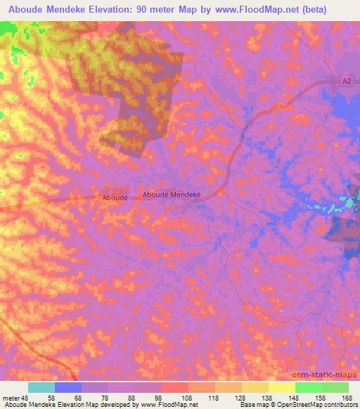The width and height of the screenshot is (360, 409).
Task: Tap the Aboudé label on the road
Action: (x=115, y=199)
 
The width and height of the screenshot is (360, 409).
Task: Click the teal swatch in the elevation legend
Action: (x=41, y=387)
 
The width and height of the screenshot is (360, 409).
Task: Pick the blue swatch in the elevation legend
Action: (x=67, y=387)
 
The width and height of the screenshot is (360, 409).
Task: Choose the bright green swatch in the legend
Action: (x=308, y=387)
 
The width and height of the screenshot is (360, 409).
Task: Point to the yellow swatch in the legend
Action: (x=281, y=387)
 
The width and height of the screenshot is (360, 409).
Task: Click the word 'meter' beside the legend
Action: (x=9, y=398)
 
